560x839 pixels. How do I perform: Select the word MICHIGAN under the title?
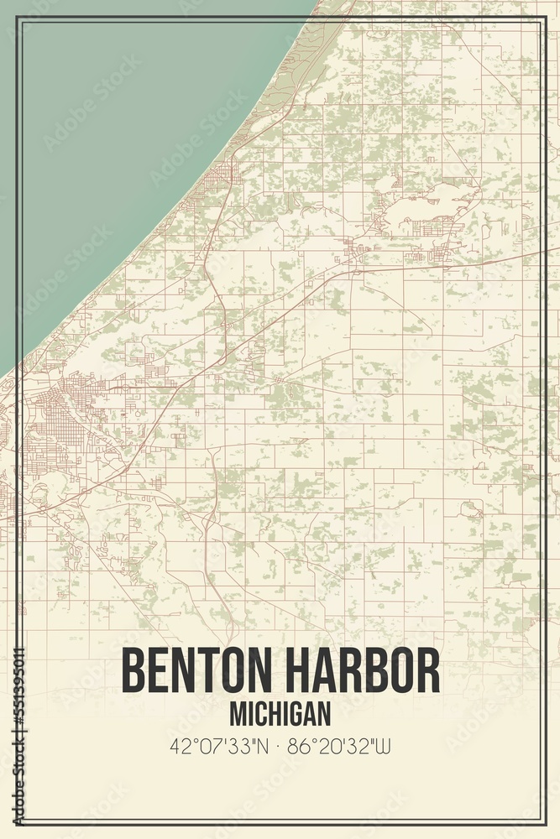tap(280, 714)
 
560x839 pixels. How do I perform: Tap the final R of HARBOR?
tap(427, 670)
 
